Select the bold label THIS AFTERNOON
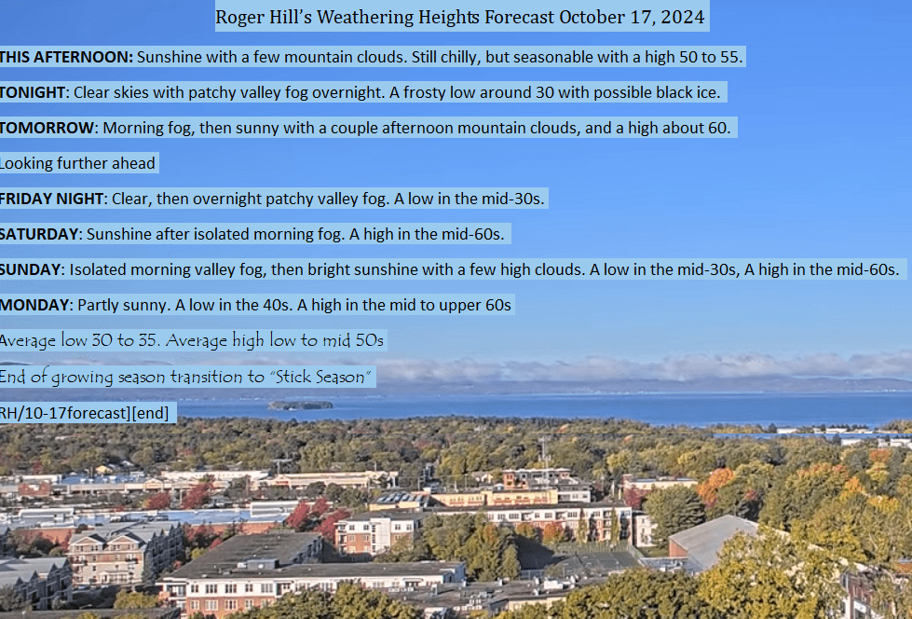point(66,57)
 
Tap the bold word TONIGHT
point(33,92)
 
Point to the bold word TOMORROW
point(47,128)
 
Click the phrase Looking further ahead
point(77,164)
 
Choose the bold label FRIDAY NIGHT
point(52,199)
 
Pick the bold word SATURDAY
point(39,235)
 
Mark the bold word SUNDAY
point(30,270)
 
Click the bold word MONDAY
point(34,306)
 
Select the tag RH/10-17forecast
point(64,413)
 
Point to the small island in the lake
point(300,406)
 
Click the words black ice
point(688,92)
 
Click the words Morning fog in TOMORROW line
point(147,128)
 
